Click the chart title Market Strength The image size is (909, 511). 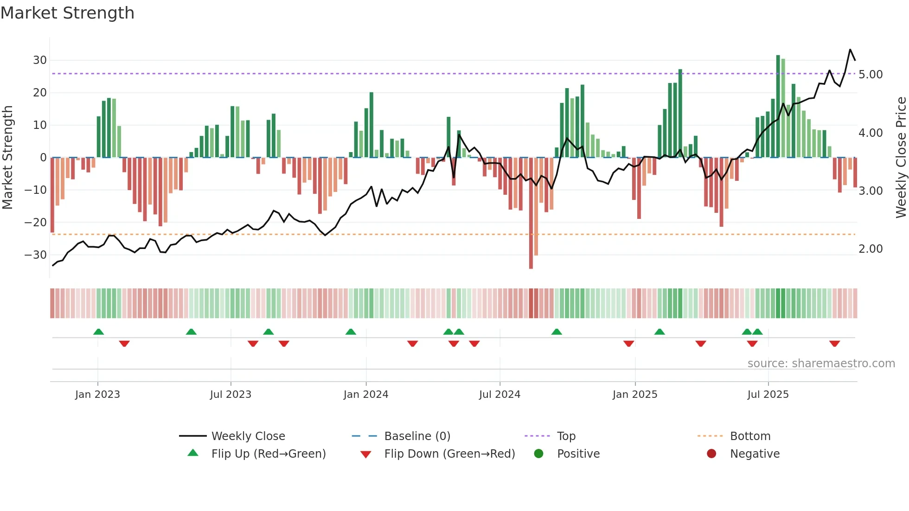67,13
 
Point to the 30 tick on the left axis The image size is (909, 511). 40,60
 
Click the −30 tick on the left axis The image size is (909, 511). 36,255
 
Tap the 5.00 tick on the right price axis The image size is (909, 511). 871,75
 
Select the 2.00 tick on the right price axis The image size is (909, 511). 871,249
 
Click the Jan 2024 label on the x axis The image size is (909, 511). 366,395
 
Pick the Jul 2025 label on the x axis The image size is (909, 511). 768,395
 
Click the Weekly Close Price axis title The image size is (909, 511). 901,158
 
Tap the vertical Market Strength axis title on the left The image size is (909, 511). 8,158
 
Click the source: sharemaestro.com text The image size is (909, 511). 821,364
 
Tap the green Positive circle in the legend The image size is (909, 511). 538,454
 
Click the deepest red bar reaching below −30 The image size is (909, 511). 531,213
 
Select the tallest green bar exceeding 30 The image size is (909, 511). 778,107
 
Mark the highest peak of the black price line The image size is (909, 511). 850,50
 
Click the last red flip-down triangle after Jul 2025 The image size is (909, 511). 835,344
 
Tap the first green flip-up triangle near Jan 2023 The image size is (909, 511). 98,332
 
